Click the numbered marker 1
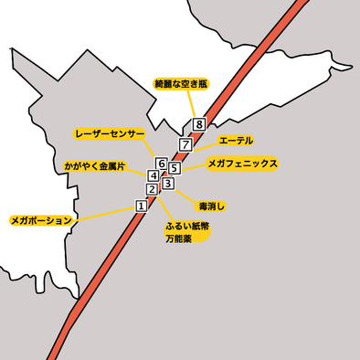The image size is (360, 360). click(x=141, y=206)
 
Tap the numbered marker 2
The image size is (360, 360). click(x=152, y=189)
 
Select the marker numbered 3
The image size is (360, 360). click(x=167, y=184)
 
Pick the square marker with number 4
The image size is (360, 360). click(x=154, y=175)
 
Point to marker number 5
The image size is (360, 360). click(x=174, y=168)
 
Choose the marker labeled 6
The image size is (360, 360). click(x=162, y=164)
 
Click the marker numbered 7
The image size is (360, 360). click(x=185, y=144)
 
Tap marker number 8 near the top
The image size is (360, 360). click(x=198, y=124)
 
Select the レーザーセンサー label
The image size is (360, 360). click(x=110, y=133)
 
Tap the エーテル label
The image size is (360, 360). click(x=236, y=141)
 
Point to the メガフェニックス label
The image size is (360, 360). click(x=242, y=164)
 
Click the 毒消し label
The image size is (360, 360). click(x=211, y=206)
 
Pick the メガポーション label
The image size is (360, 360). click(x=40, y=220)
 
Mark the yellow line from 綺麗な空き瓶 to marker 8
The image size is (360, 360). click(x=190, y=105)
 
